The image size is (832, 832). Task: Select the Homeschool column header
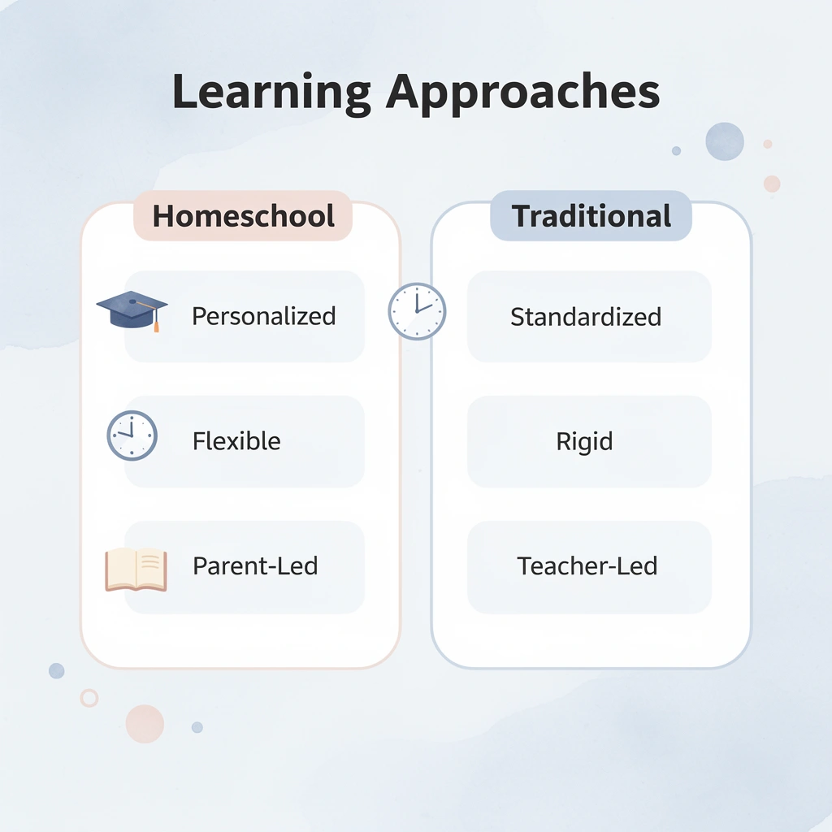(x=243, y=216)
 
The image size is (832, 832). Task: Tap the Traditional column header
(x=591, y=216)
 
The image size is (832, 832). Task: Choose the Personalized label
(x=263, y=316)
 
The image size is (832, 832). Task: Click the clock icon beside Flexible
(x=132, y=436)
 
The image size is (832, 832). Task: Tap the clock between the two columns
(x=416, y=311)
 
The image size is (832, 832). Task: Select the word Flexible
(x=236, y=441)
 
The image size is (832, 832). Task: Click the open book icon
(x=136, y=568)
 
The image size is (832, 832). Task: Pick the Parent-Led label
(x=255, y=565)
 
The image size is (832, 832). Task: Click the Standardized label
(x=585, y=316)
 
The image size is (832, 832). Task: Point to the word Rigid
(x=584, y=442)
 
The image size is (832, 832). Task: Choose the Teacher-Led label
(x=587, y=565)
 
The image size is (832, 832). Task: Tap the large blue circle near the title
(x=725, y=141)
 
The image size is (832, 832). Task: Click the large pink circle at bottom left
(x=145, y=723)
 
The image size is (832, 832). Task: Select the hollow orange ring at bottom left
(x=89, y=698)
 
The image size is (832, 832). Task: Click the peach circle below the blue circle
(x=772, y=184)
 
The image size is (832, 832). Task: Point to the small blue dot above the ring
(x=56, y=670)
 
